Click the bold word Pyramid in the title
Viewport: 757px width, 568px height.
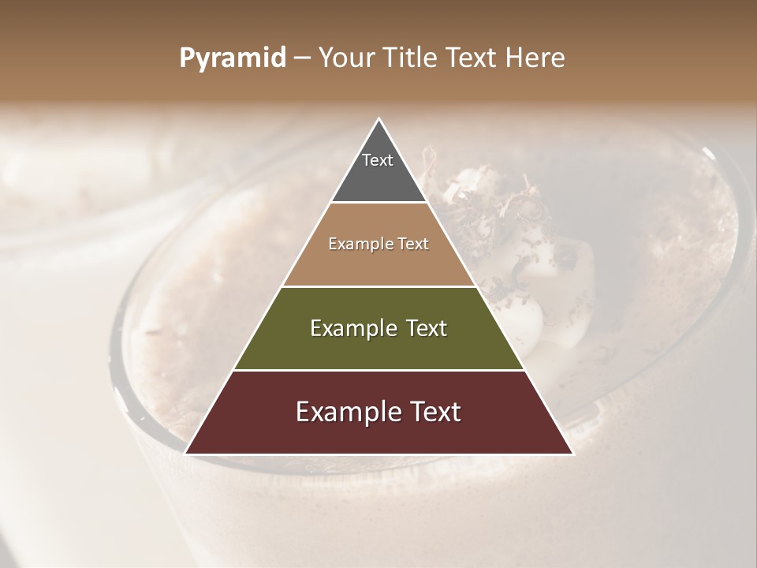click(233, 58)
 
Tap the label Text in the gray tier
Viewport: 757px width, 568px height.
click(378, 160)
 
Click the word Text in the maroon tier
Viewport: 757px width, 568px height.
click(434, 413)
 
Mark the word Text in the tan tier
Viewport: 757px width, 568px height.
click(413, 245)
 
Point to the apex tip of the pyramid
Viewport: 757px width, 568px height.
click(378, 120)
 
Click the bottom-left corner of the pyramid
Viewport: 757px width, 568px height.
click(186, 453)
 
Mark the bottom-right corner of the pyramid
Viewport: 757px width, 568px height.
click(572, 453)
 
